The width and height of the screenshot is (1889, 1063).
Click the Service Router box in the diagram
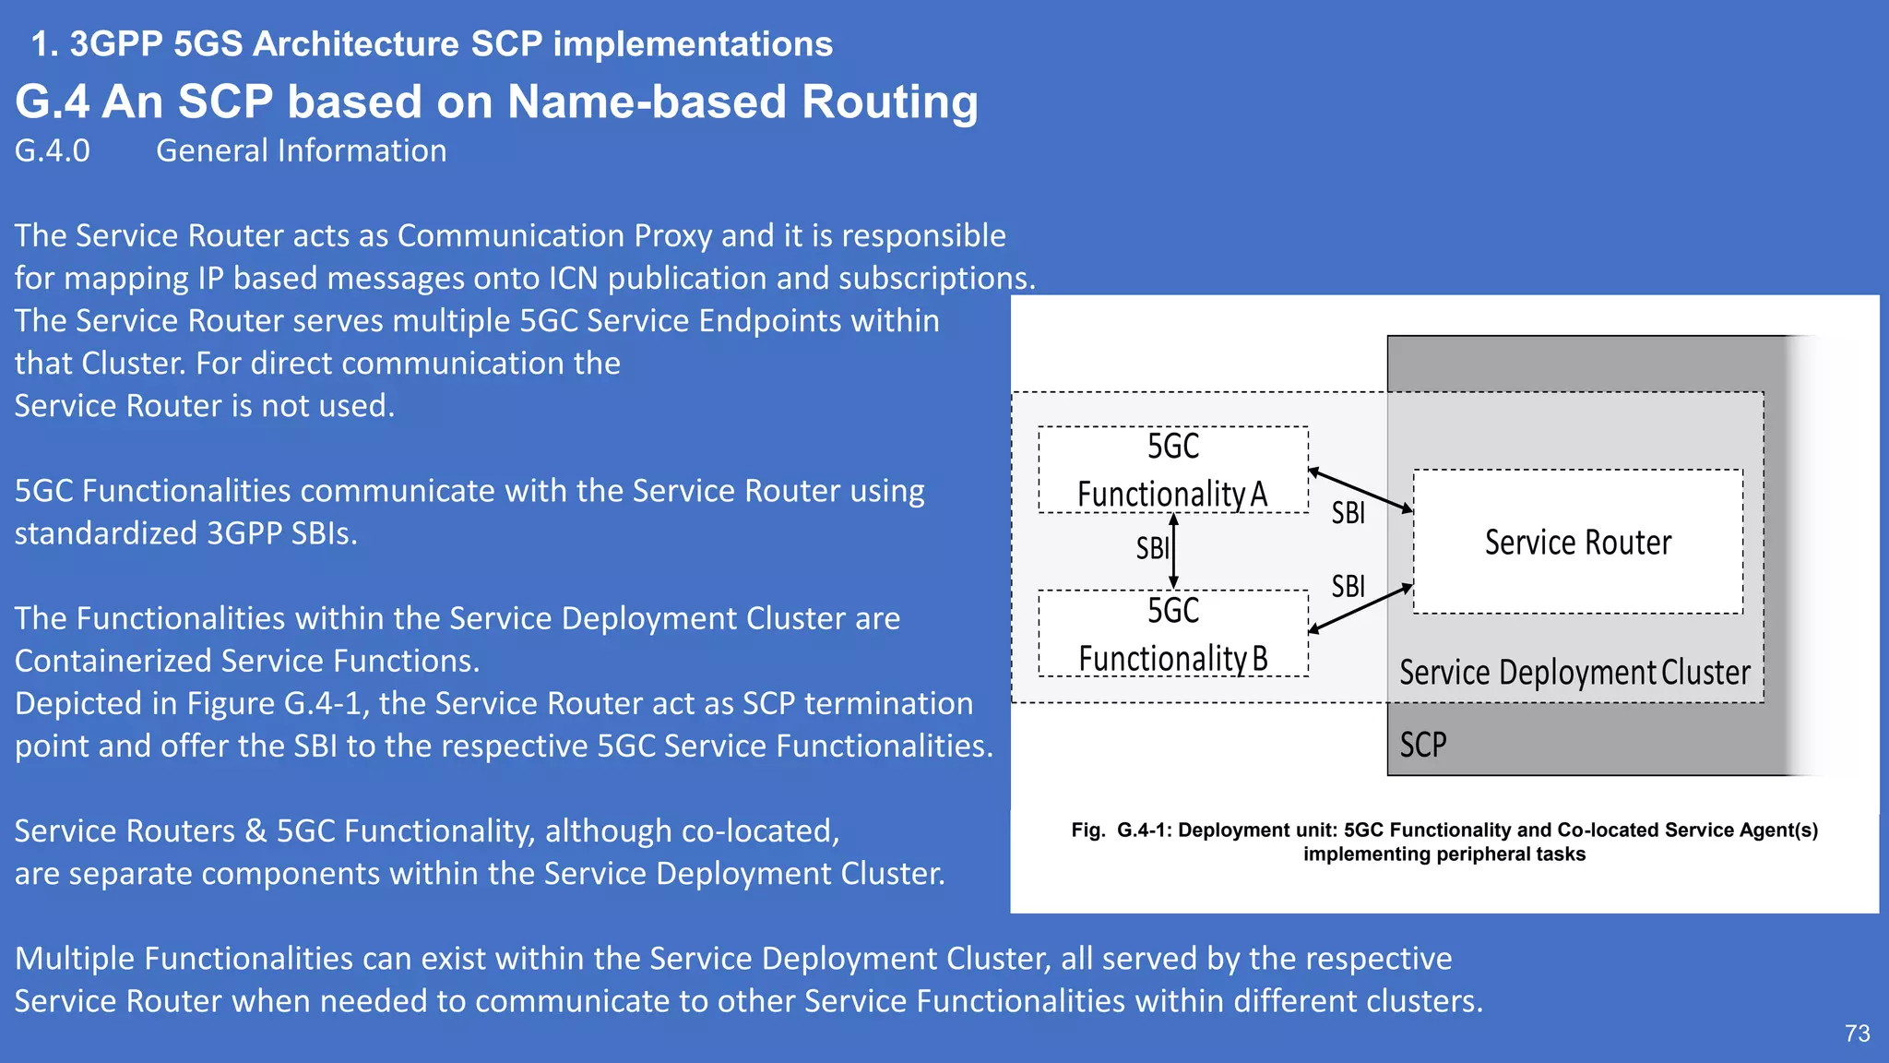coord(1577,543)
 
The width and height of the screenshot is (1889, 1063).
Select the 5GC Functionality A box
coord(1172,470)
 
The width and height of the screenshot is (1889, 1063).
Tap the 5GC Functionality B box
coord(1172,634)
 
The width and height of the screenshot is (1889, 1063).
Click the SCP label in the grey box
coord(1422,745)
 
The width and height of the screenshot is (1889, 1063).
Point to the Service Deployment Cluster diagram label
coord(1574,673)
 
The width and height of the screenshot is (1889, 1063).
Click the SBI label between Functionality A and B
coord(1151,549)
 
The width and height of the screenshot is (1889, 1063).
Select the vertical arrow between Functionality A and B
coord(1173,552)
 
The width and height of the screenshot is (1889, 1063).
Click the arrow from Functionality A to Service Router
coord(1360,490)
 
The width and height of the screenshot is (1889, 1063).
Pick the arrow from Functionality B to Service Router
coord(1360,609)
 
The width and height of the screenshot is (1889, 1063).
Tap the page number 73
coord(1857,1033)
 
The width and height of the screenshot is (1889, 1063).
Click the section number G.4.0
coord(53,151)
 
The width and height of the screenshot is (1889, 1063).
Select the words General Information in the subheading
coord(301,151)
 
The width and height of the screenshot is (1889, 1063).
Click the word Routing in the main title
coord(889,102)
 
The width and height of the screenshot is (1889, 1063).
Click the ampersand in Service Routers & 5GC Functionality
coord(255,831)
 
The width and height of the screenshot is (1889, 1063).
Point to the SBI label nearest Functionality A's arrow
coord(1348,513)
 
